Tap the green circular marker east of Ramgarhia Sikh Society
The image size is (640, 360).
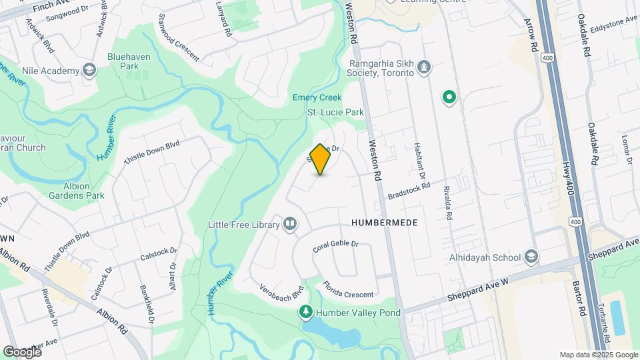click(450, 99)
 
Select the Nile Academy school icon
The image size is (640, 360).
click(89, 71)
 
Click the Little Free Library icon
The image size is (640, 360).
click(290, 224)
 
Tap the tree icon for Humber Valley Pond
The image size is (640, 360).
click(305, 312)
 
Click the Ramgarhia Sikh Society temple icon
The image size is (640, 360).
click(423, 68)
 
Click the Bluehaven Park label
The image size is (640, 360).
click(129, 62)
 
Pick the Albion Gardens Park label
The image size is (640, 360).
click(76, 191)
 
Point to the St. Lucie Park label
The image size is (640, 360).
click(335, 112)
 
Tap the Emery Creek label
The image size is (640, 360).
click(317, 97)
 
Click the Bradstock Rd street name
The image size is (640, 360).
click(409, 191)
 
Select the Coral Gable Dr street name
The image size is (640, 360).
click(335, 246)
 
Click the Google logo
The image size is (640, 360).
click(22, 351)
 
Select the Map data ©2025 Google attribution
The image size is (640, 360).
click(598, 355)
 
